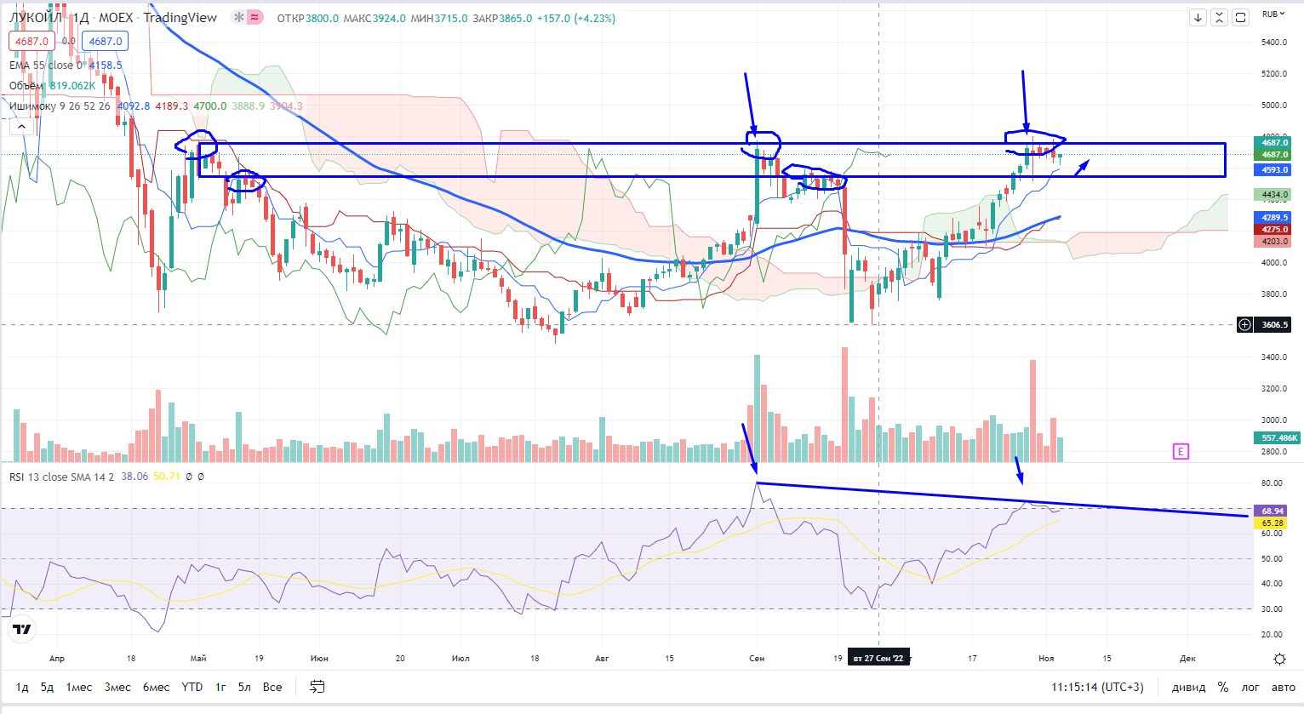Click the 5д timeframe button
click(47, 687)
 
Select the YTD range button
click(192, 687)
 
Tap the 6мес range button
click(156, 687)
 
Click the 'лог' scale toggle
click(1250, 687)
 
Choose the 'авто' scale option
click(1283, 687)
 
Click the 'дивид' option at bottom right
click(1188, 687)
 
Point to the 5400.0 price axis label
click(1273, 42)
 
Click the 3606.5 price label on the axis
click(1274, 324)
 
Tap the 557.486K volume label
click(1278, 437)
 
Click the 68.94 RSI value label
click(1273, 511)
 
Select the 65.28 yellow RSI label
click(1273, 523)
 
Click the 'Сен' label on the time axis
click(757, 658)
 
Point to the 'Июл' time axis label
click(460, 658)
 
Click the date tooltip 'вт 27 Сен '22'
click(878, 658)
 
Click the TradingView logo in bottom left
click(22, 629)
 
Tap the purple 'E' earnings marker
click(1181, 451)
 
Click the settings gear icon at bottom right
click(1279, 659)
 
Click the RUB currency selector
click(1273, 14)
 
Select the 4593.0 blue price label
click(1274, 169)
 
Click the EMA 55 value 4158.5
click(106, 65)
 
